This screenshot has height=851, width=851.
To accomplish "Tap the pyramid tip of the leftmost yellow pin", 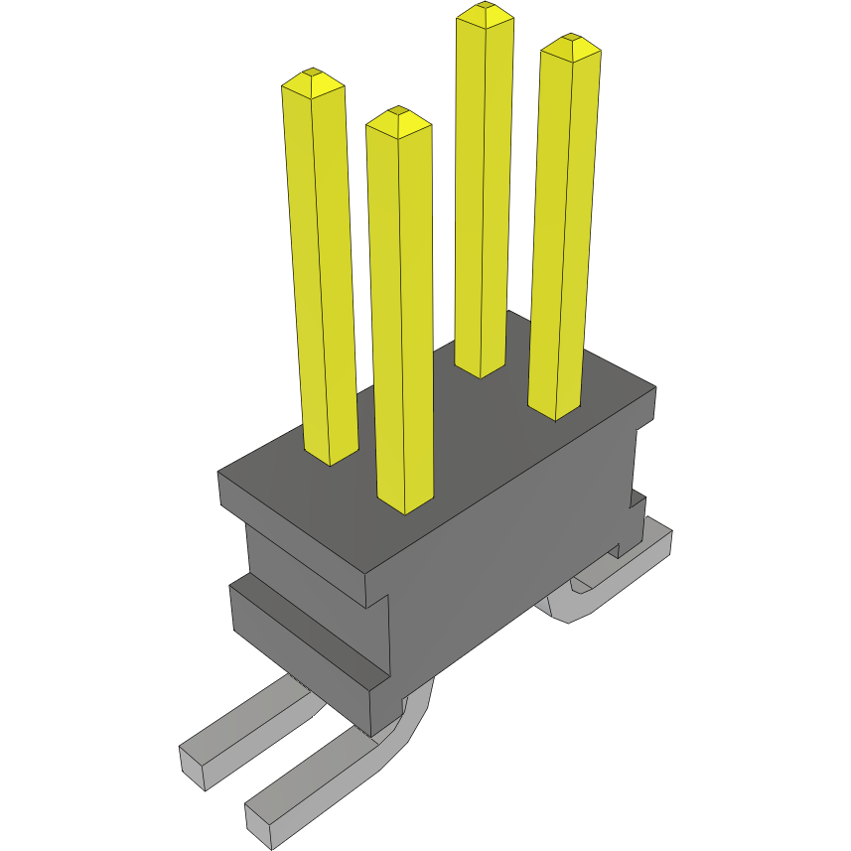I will [x=313, y=72].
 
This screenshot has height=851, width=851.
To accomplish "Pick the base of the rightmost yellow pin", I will [x=554, y=410].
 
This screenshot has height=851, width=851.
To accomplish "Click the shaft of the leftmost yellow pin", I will [x=323, y=278].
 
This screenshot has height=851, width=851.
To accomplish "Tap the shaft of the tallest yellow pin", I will [x=485, y=199].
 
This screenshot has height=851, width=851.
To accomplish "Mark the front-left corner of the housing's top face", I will [x=220, y=475].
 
